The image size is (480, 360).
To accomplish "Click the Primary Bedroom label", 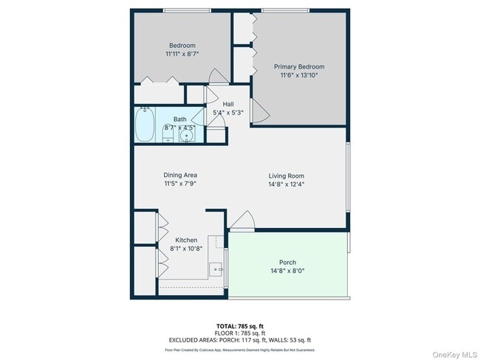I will pos(299,66).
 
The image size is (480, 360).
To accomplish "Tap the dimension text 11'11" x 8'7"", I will pos(182,54).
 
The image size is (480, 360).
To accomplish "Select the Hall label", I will pos(228,104).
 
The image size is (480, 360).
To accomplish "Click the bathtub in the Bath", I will pos(144,123).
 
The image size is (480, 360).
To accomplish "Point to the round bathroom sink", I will pos(191,135).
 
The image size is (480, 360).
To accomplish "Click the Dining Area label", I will pos(180,175).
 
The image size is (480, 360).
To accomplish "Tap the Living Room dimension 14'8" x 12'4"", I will pos(287,184).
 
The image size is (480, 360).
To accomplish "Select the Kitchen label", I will pos(186,240).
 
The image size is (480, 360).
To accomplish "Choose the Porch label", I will pos(287,263).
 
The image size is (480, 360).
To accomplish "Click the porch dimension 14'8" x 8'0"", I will pos(287,271).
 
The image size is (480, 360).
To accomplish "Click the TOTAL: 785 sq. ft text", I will pos(240,325).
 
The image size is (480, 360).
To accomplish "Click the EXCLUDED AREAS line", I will pos(240,339).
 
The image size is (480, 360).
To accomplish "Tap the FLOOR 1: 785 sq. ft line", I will pos(240,332).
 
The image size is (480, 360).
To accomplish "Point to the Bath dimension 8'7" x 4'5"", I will pos(180,128).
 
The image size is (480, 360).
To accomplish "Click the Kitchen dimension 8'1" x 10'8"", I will pos(186,249).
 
